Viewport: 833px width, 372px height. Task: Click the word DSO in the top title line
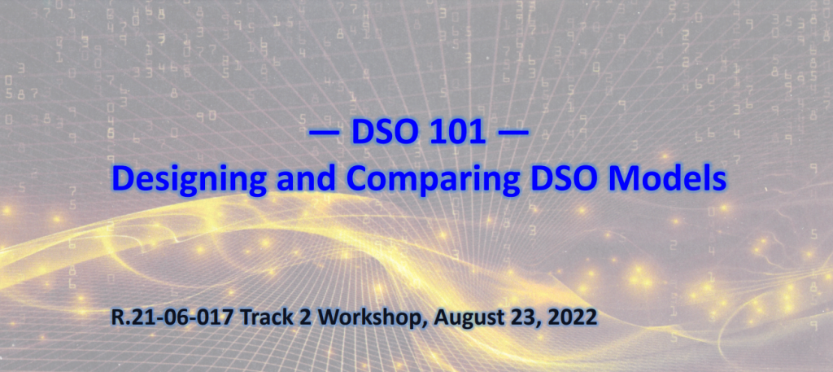coord(382,133)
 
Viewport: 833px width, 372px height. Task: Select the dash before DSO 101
coord(325,133)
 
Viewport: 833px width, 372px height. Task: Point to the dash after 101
coord(513,133)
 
